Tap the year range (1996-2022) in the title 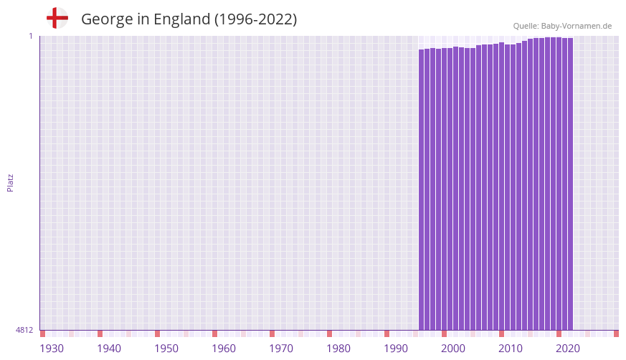coord(255,19)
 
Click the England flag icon coord(57,18)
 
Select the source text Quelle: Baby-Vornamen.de coord(562,26)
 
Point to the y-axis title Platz coord(10,182)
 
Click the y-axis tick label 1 coord(31,36)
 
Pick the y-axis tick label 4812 coord(24,330)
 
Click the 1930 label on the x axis coord(52,349)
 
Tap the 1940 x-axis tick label coord(109,349)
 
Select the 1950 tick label coord(166,349)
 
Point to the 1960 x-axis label coord(224,349)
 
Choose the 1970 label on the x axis coord(281,349)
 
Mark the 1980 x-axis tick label coord(338,349)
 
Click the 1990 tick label coord(396,349)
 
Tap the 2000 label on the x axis coord(453,349)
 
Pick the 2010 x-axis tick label coord(511,349)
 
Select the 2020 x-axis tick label coord(568,349)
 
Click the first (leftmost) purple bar coord(422,189)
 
